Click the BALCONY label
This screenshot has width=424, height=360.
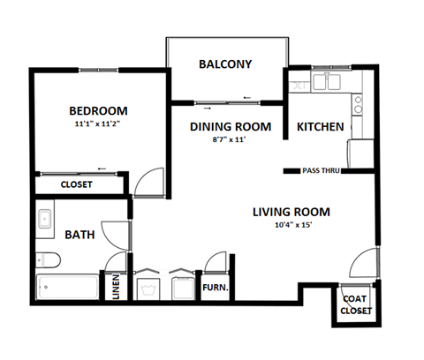(225, 64)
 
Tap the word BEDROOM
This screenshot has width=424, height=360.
(98, 110)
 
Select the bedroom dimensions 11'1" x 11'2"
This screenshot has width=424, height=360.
(98, 124)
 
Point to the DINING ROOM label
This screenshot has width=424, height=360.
(231, 127)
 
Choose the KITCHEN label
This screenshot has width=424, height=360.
(320, 127)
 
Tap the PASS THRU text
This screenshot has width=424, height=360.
(321, 170)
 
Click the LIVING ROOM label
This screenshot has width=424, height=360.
(291, 212)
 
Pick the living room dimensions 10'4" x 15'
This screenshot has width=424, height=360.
(291, 226)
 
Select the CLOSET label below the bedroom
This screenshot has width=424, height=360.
(77, 185)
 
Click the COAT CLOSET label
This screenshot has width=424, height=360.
(356, 304)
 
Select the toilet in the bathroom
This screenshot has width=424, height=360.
(48, 259)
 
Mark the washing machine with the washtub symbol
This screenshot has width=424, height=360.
(148, 287)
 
